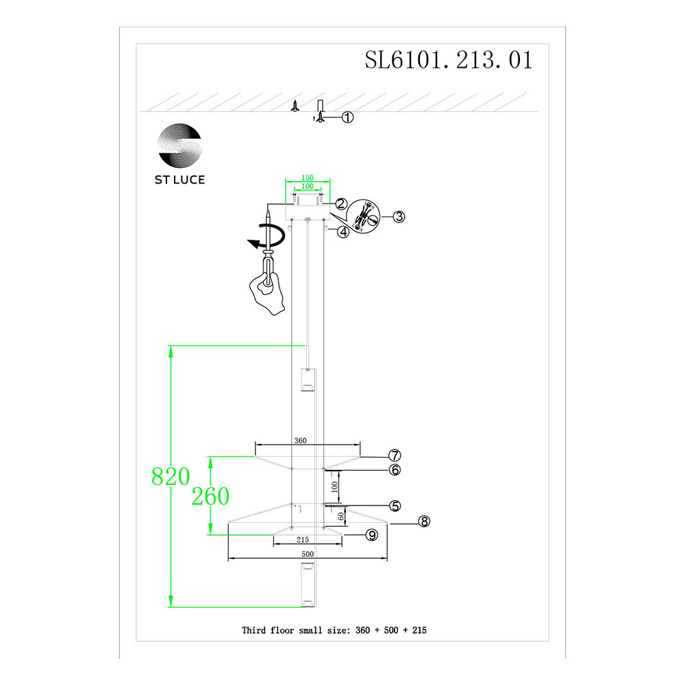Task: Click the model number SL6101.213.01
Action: point(449,60)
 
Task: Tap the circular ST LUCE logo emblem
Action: point(180,146)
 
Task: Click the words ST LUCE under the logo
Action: point(180,180)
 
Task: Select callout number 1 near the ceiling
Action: point(347,118)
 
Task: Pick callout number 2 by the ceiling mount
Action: point(340,203)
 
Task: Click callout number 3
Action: point(399,216)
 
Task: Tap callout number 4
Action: point(343,232)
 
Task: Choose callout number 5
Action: point(394,506)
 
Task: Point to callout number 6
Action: point(394,470)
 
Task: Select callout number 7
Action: point(394,456)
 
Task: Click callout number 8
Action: point(424,522)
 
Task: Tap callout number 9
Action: point(371,535)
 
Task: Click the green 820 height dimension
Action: point(170,477)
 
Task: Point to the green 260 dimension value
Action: point(210,495)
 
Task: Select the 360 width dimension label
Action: point(300,441)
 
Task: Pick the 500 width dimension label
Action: point(307,553)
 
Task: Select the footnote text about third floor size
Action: point(334,630)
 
